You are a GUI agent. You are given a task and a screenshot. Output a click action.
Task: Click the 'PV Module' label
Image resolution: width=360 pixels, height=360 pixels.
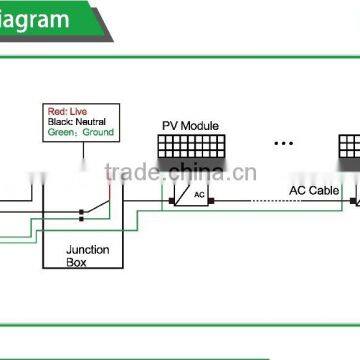point(190,127)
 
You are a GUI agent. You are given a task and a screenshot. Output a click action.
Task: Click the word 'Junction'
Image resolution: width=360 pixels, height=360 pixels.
point(88,250)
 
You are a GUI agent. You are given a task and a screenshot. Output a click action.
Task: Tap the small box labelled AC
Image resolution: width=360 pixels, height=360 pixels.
point(199,194)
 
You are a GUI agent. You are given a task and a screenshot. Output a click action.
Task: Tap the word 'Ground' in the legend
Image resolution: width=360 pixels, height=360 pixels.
point(97,131)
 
